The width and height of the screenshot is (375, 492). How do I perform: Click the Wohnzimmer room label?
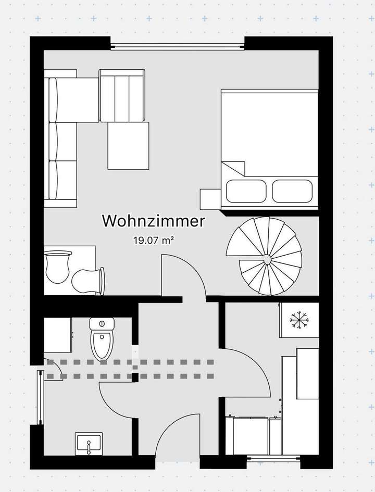(x=153, y=221)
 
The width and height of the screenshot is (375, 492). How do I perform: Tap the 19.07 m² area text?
(x=153, y=240)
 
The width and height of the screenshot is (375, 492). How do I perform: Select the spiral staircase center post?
(x=267, y=260)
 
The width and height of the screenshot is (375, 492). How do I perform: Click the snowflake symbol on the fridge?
(x=299, y=319)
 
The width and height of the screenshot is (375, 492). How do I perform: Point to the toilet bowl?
(x=101, y=345)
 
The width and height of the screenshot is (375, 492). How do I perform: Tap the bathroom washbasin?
(x=89, y=444)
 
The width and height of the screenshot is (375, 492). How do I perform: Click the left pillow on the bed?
(x=246, y=191)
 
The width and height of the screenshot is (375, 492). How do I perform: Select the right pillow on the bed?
(x=292, y=191)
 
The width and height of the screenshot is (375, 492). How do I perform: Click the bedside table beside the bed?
(x=210, y=199)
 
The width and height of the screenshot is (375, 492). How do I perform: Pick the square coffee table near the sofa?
(x=128, y=146)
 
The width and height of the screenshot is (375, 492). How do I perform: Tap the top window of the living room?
(x=177, y=46)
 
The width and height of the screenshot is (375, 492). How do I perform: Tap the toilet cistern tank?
(x=102, y=324)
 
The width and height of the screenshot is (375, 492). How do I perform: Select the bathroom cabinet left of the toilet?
(x=58, y=335)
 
